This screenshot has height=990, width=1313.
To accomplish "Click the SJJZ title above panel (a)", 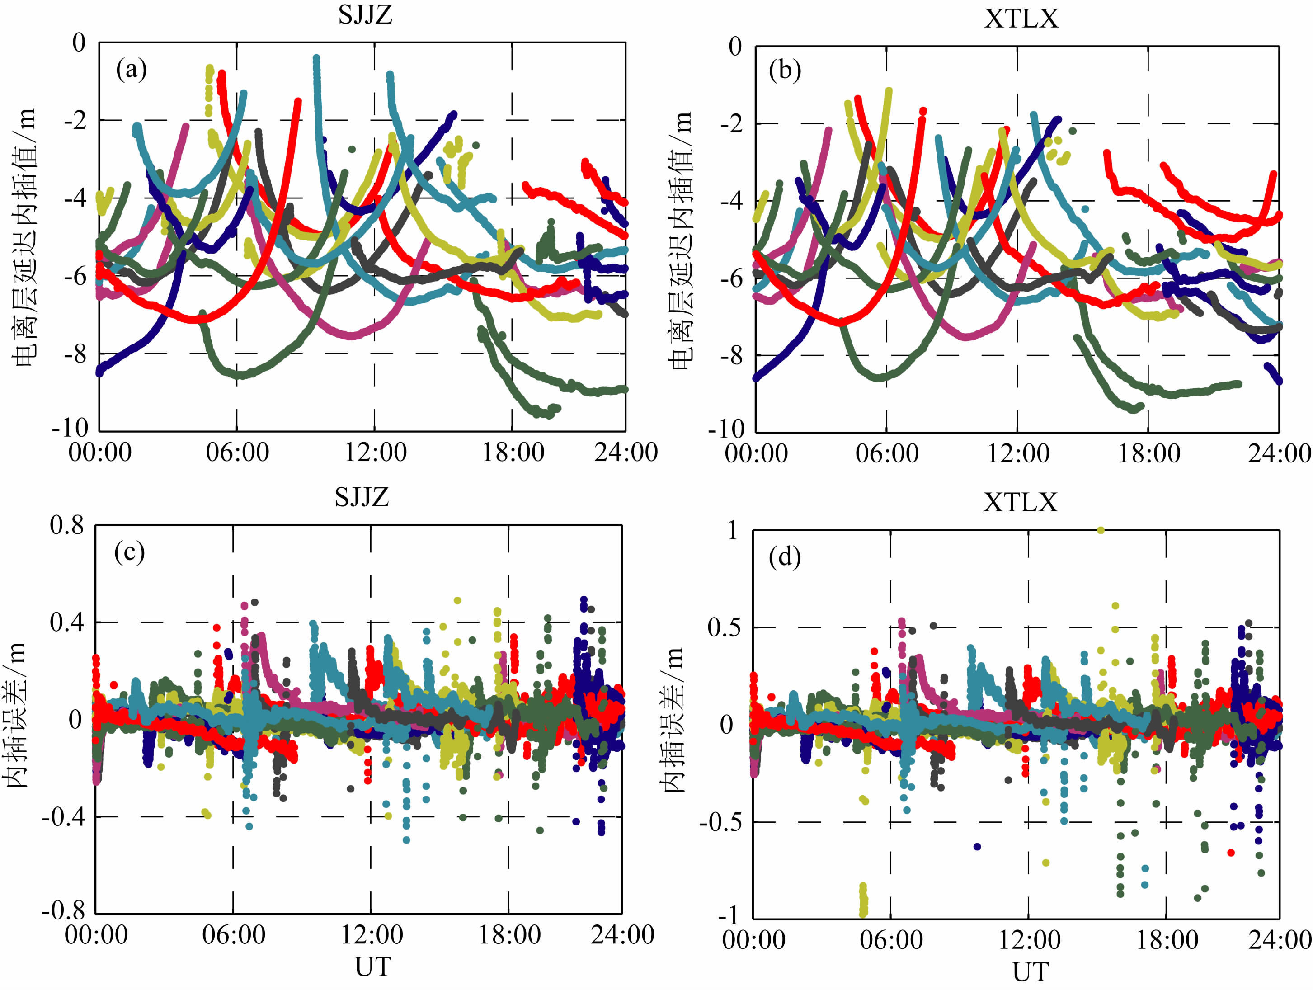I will point(365,14).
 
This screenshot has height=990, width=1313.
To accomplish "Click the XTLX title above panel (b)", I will point(1021,19).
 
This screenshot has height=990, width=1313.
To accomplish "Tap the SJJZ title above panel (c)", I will point(362,497).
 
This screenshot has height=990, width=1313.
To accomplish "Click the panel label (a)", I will point(131,70).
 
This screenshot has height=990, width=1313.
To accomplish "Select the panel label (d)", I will point(785,557).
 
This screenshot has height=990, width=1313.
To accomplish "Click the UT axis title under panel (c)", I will point(373,967).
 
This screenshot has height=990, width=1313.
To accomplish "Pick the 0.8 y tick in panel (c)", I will point(67,525).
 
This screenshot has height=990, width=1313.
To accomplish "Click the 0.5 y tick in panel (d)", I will point(725,628).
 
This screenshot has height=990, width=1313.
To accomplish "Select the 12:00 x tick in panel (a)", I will point(375,453).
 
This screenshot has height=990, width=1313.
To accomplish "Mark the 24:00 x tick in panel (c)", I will point(622,935).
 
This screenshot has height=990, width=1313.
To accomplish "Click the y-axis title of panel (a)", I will point(25,237).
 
